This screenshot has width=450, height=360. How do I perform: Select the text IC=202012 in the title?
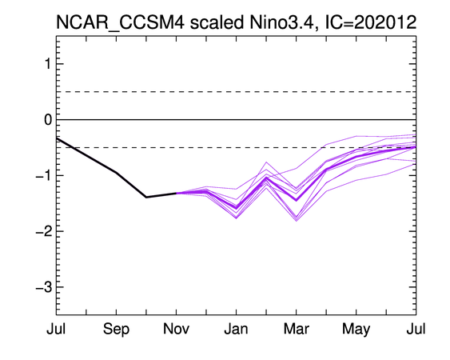[x=371, y=22]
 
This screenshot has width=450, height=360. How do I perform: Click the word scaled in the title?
[x=217, y=22]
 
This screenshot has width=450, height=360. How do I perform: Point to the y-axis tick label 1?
[x=48, y=64]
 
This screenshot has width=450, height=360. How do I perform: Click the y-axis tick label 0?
[x=48, y=119]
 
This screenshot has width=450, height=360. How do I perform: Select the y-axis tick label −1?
[x=44, y=175]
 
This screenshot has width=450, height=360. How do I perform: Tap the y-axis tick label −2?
[x=44, y=231]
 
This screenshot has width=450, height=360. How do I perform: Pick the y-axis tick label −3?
[x=44, y=287]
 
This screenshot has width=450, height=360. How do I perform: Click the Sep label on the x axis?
[x=116, y=329]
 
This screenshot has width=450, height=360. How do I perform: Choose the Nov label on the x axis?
[x=176, y=329]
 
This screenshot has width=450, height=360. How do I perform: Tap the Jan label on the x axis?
[x=237, y=329]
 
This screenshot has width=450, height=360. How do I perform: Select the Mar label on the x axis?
[x=297, y=329]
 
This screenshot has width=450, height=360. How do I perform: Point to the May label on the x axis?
[x=356, y=330]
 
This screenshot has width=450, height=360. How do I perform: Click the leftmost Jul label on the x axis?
[x=56, y=329]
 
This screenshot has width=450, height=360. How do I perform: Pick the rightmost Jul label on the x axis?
[x=416, y=329]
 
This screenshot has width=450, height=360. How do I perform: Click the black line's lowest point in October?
[x=146, y=197]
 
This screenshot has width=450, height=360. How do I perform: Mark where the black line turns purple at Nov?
[x=176, y=193]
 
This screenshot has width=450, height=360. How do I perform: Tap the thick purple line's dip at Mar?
[x=297, y=200]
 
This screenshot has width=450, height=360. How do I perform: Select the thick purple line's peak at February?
[x=266, y=178]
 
